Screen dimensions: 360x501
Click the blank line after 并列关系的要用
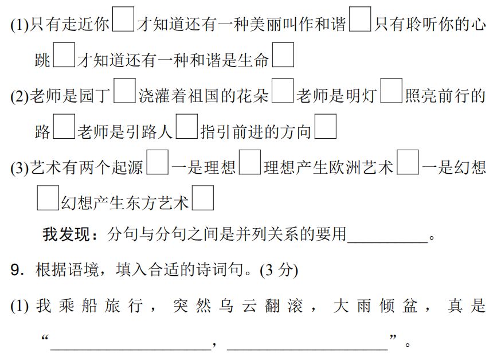pyautogui.click(x=388, y=236)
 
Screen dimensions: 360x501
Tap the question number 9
pyautogui.click(x=16, y=270)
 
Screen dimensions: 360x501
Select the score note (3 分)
pyautogui.click(x=279, y=270)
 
